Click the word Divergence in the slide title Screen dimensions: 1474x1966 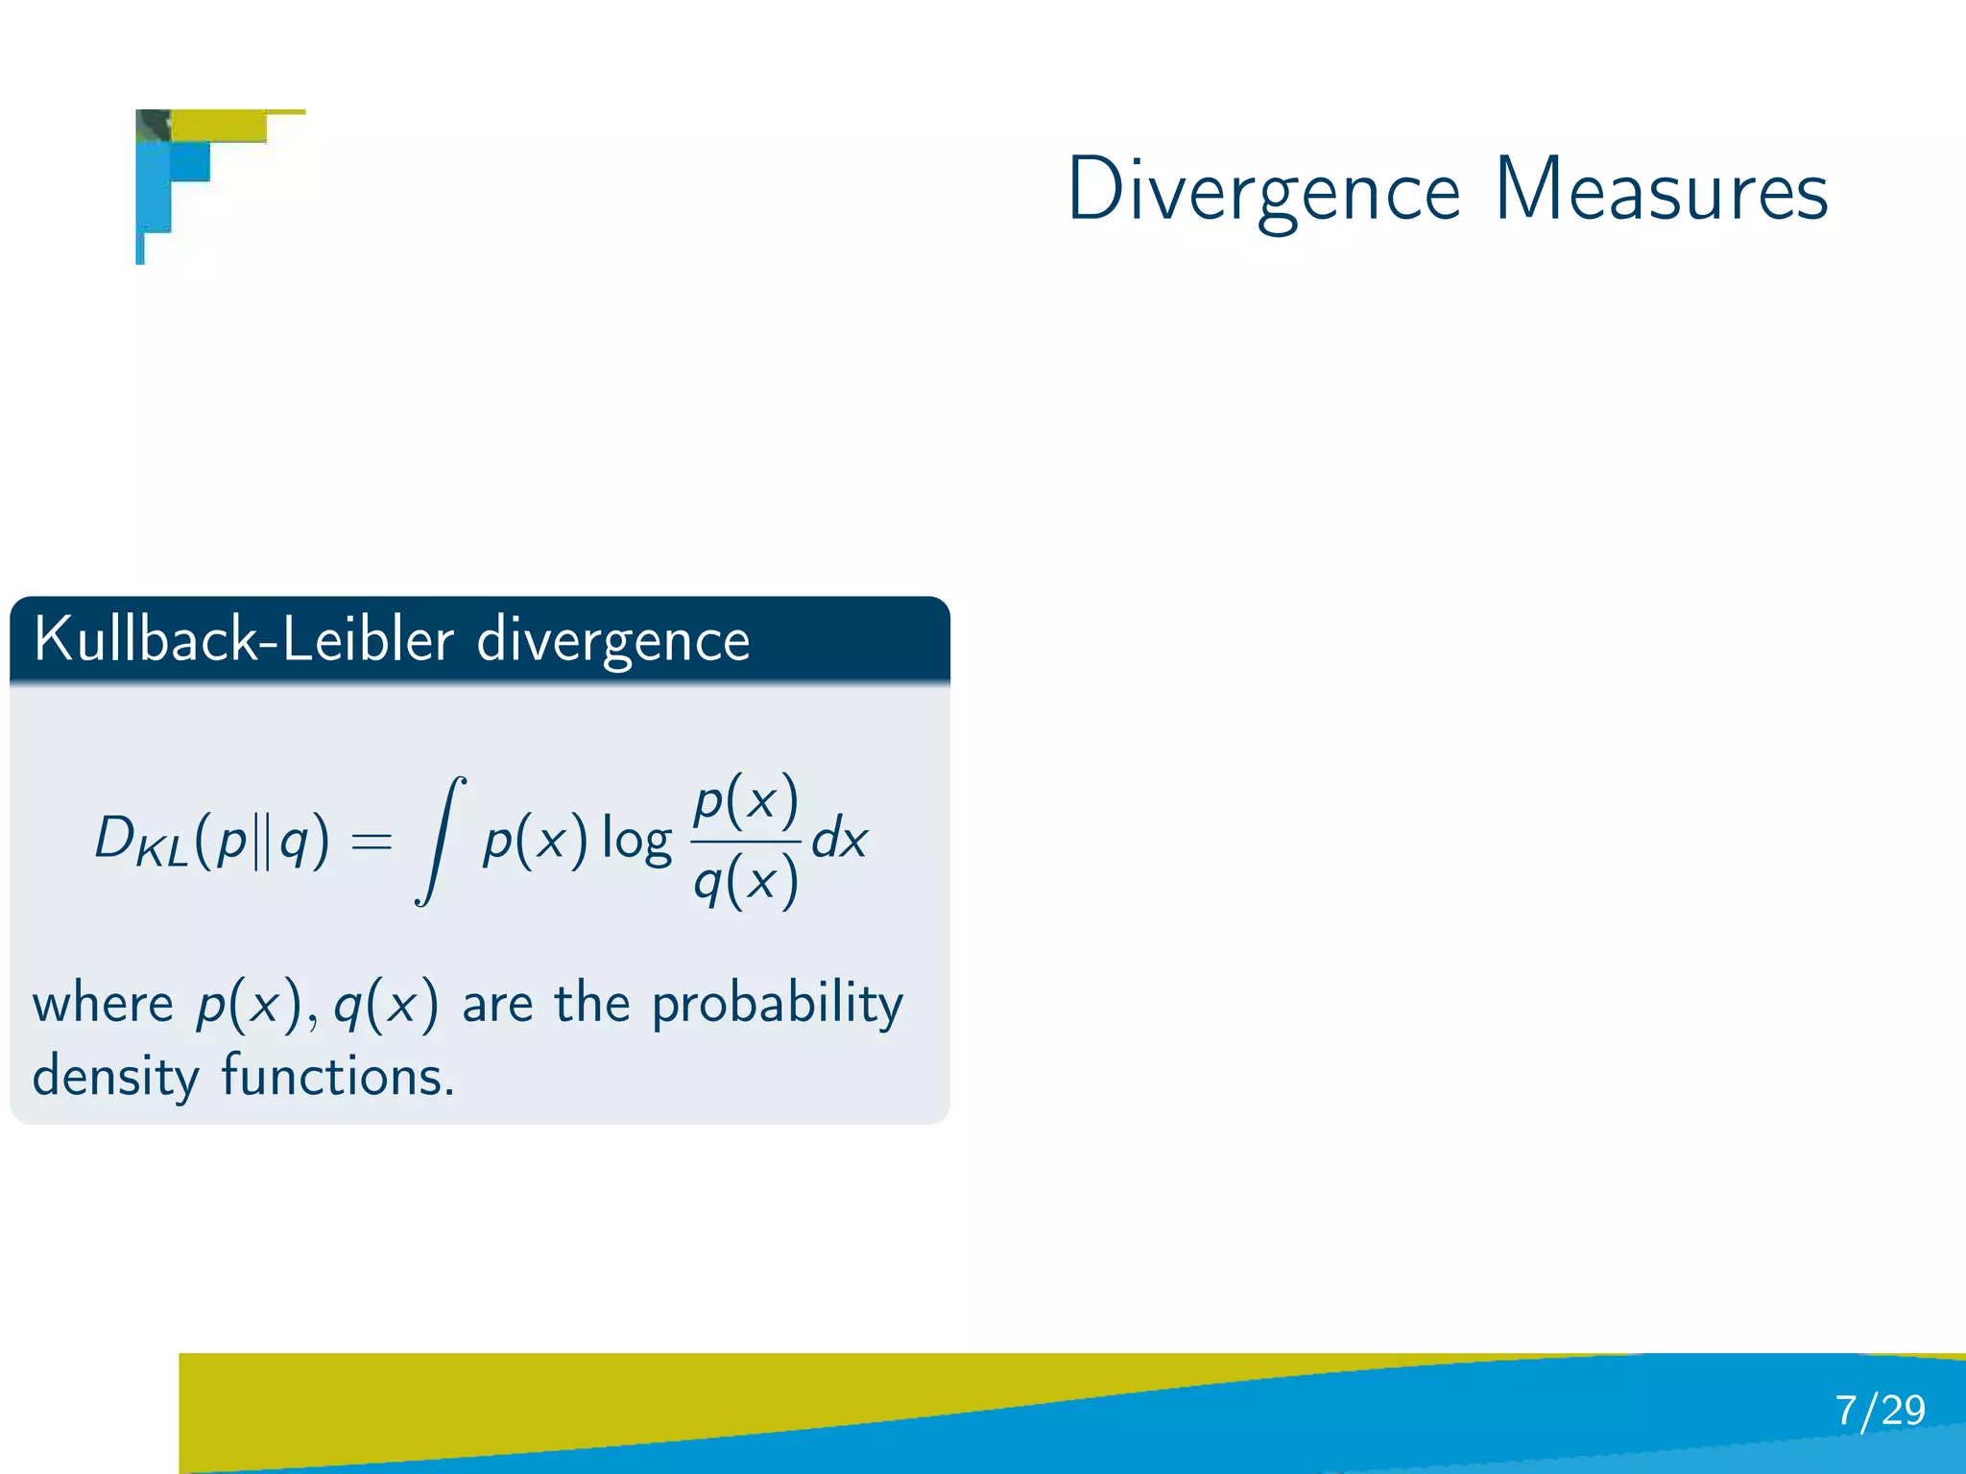pyautogui.click(x=1263, y=190)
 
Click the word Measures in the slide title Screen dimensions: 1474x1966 pyautogui.click(x=1661, y=190)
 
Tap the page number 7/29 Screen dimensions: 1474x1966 pyautogui.click(x=1879, y=1411)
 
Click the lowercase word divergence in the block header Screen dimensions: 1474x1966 pyautogui.click(x=613, y=641)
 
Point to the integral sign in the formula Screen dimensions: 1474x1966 pyautogui.click(x=441, y=842)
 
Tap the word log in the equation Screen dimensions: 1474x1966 pyautogui.click(x=636, y=842)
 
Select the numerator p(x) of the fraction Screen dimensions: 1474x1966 pyautogui.click(x=746, y=801)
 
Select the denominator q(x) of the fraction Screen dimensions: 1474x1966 pyautogui.click(x=746, y=881)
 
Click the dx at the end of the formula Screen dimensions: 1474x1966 pyautogui.click(x=839, y=840)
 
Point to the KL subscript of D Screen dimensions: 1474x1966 pyautogui.click(x=161, y=853)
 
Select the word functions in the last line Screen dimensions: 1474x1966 pyautogui.click(x=337, y=1076)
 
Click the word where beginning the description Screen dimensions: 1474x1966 pyautogui.click(x=103, y=1005)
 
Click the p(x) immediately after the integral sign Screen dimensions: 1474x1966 pyautogui.click(x=535, y=842)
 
